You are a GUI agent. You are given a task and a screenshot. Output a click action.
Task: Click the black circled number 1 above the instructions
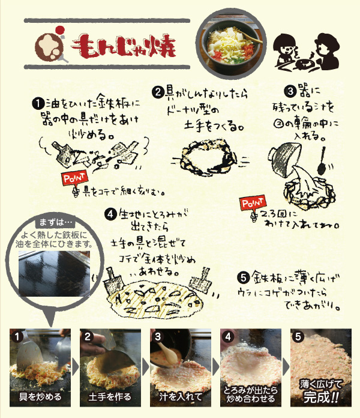[37, 102]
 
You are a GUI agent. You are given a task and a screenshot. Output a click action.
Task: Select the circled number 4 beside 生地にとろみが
[110, 213]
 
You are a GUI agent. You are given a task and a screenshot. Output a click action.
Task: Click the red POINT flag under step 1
[74, 178]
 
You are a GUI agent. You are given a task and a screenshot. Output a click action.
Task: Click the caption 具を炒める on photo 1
[40, 397]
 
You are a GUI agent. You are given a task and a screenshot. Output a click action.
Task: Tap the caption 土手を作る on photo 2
[110, 397]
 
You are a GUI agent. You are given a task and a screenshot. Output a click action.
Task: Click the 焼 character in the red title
[161, 46]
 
